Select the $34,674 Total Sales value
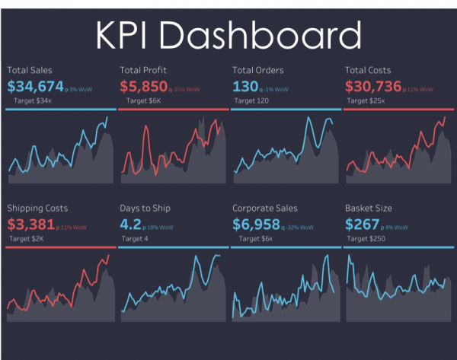tap(36, 86)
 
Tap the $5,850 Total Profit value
tap(144, 86)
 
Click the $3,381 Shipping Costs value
tap(30, 225)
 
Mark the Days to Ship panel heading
tap(145, 208)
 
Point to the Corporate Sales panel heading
tap(264, 208)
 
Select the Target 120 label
tap(254, 100)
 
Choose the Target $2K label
tap(28, 238)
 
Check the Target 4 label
tap(137, 238)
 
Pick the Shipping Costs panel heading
tap(37, 208)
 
